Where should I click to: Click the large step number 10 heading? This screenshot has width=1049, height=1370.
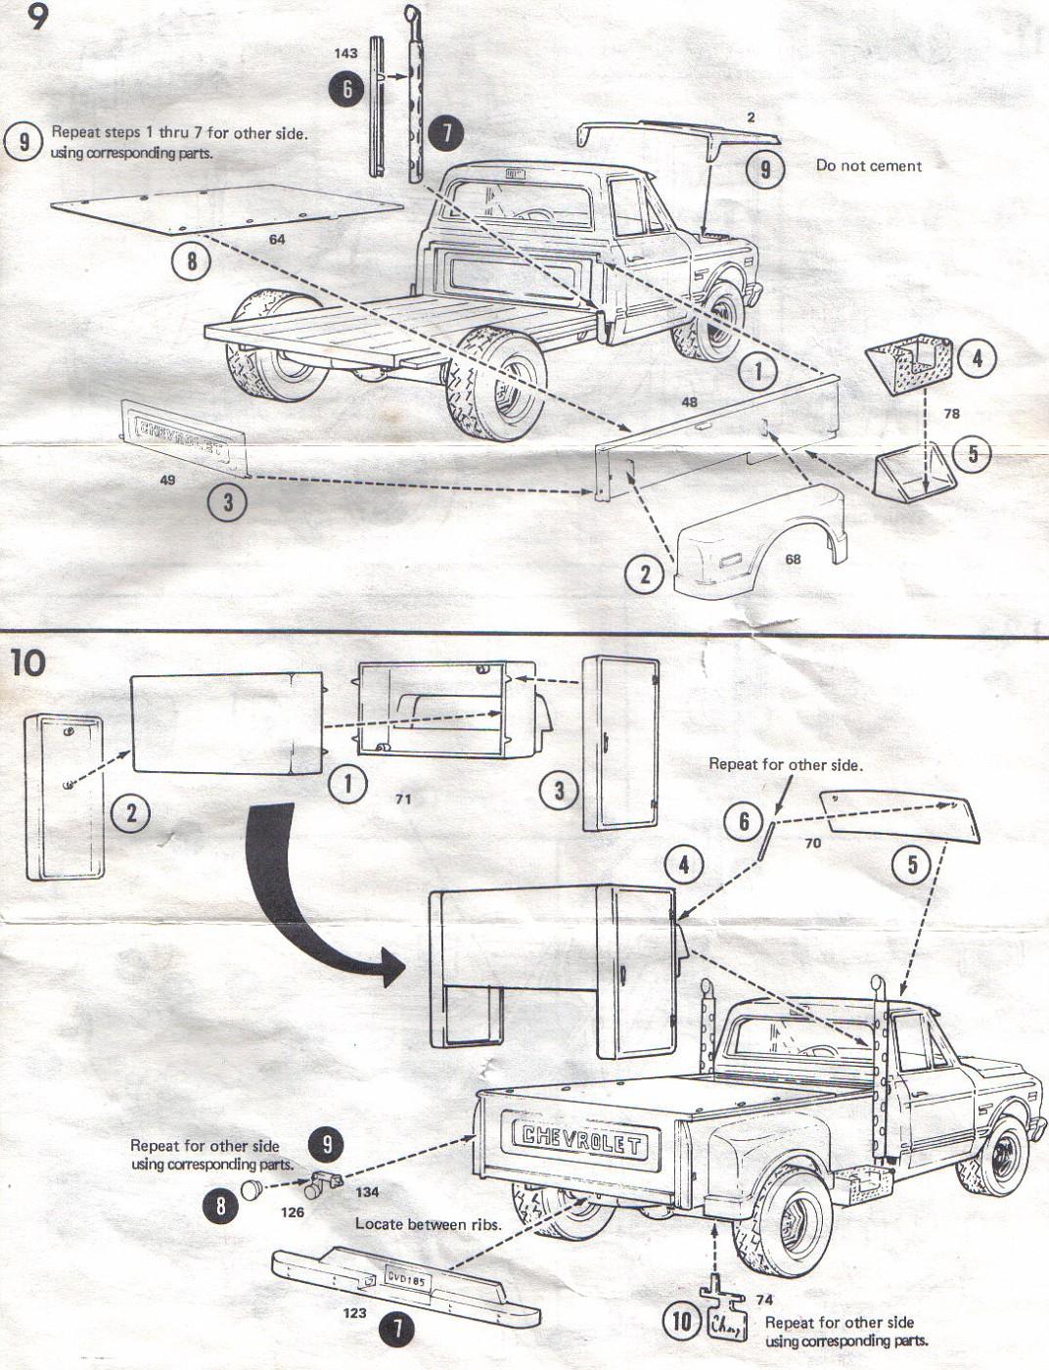click(x=28, y=663)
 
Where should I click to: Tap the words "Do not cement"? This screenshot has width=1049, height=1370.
click(x=868, y=166)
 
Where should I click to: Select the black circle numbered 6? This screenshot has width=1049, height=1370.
click(x=346, y=90)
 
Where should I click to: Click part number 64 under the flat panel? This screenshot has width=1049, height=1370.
click(x=277, y=240)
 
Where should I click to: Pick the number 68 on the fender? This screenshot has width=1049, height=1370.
click(x=792, y=559)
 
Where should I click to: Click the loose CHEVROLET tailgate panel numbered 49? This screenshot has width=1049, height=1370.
click(x=186, y=434)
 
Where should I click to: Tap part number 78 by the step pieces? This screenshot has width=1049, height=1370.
click(x=951, y=414)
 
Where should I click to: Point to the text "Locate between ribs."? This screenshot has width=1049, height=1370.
click(x=428, y=1223)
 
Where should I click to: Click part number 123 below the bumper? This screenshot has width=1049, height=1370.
click(x=354, y=1313)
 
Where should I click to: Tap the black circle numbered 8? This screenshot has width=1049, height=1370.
click(x=220, y=1206)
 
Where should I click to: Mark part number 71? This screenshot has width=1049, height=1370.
click(x=402, y=799)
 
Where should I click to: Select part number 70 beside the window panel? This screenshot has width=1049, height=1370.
click(x=812, y=843)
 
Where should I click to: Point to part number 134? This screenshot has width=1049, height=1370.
click(x=367, y=1193)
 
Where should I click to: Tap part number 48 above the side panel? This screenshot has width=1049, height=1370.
click(x=689, y=402)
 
